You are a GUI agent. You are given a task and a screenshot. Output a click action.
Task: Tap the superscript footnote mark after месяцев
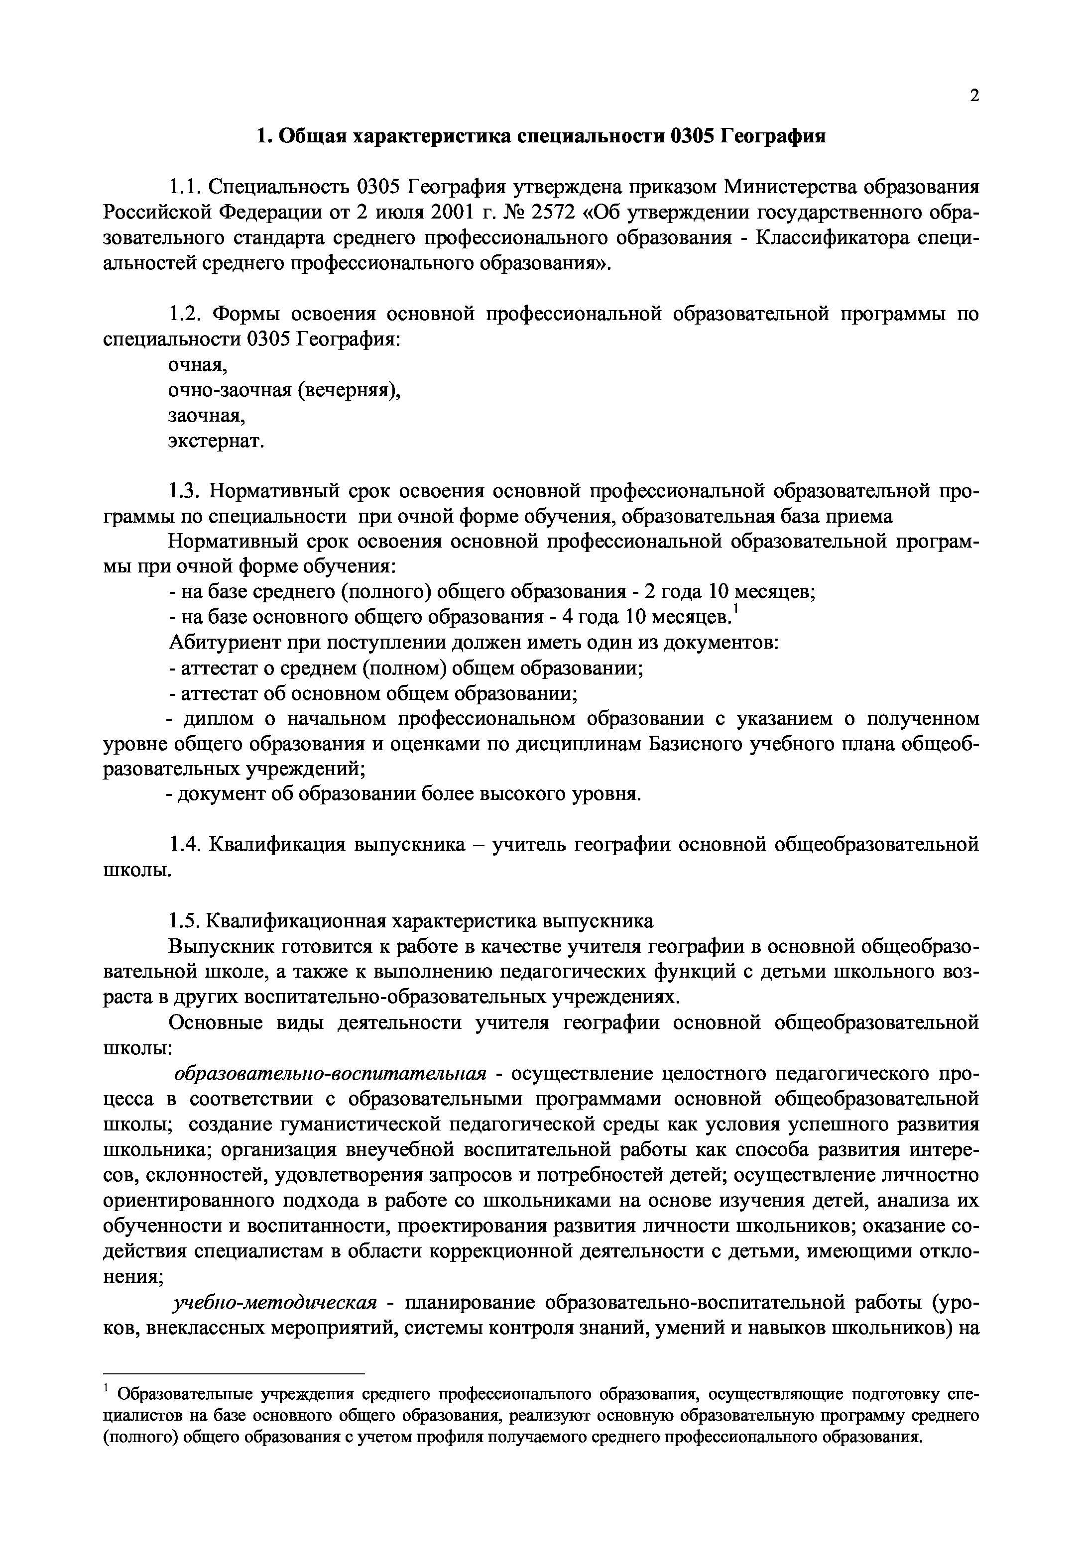point(738,611)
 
